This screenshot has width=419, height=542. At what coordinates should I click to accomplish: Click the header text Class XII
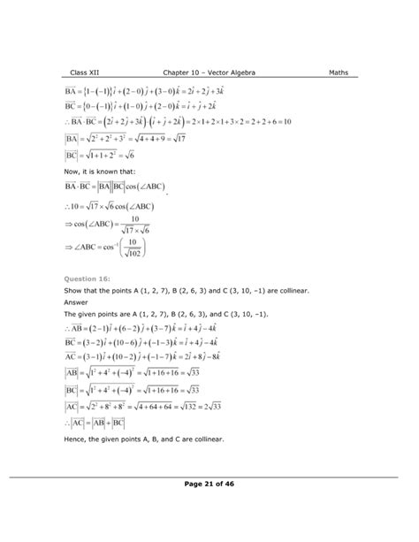(88, 73)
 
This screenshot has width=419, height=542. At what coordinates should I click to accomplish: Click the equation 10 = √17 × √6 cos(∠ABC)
(127, 208)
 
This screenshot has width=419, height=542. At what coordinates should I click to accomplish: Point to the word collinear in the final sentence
(208, 439)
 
